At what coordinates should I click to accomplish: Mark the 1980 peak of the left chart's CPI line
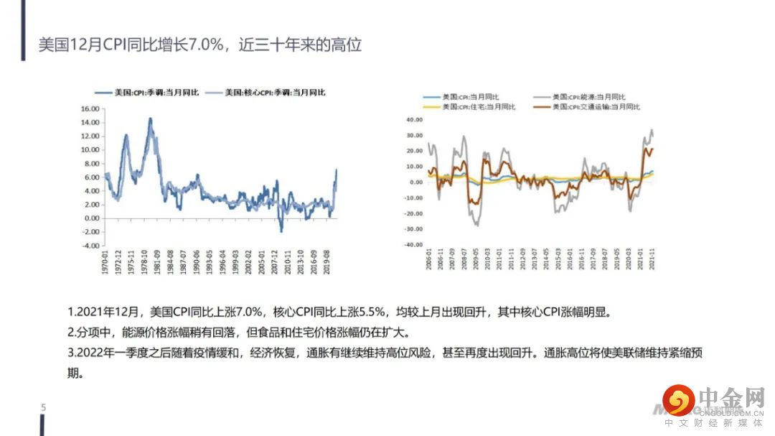(151, 119)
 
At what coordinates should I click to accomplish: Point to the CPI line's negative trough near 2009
(281, 231)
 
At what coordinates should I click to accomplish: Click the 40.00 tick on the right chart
(415, 120)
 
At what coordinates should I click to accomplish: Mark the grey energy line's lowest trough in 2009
(476, 226)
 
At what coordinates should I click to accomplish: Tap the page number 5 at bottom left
(43, 408)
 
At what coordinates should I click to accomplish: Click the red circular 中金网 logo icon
(678, 400)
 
